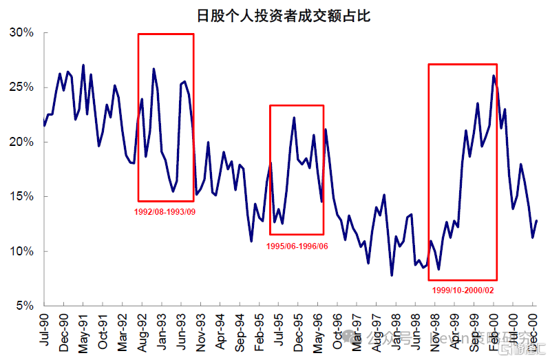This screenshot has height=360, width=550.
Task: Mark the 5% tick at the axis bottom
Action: [25, 306]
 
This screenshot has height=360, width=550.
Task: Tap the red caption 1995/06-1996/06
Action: [297, 246]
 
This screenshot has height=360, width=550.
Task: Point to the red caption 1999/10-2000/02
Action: [463, 290]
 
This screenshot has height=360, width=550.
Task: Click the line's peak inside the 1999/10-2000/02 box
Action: [494, 76]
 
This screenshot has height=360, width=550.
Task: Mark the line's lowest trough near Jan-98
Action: [392, 275]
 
